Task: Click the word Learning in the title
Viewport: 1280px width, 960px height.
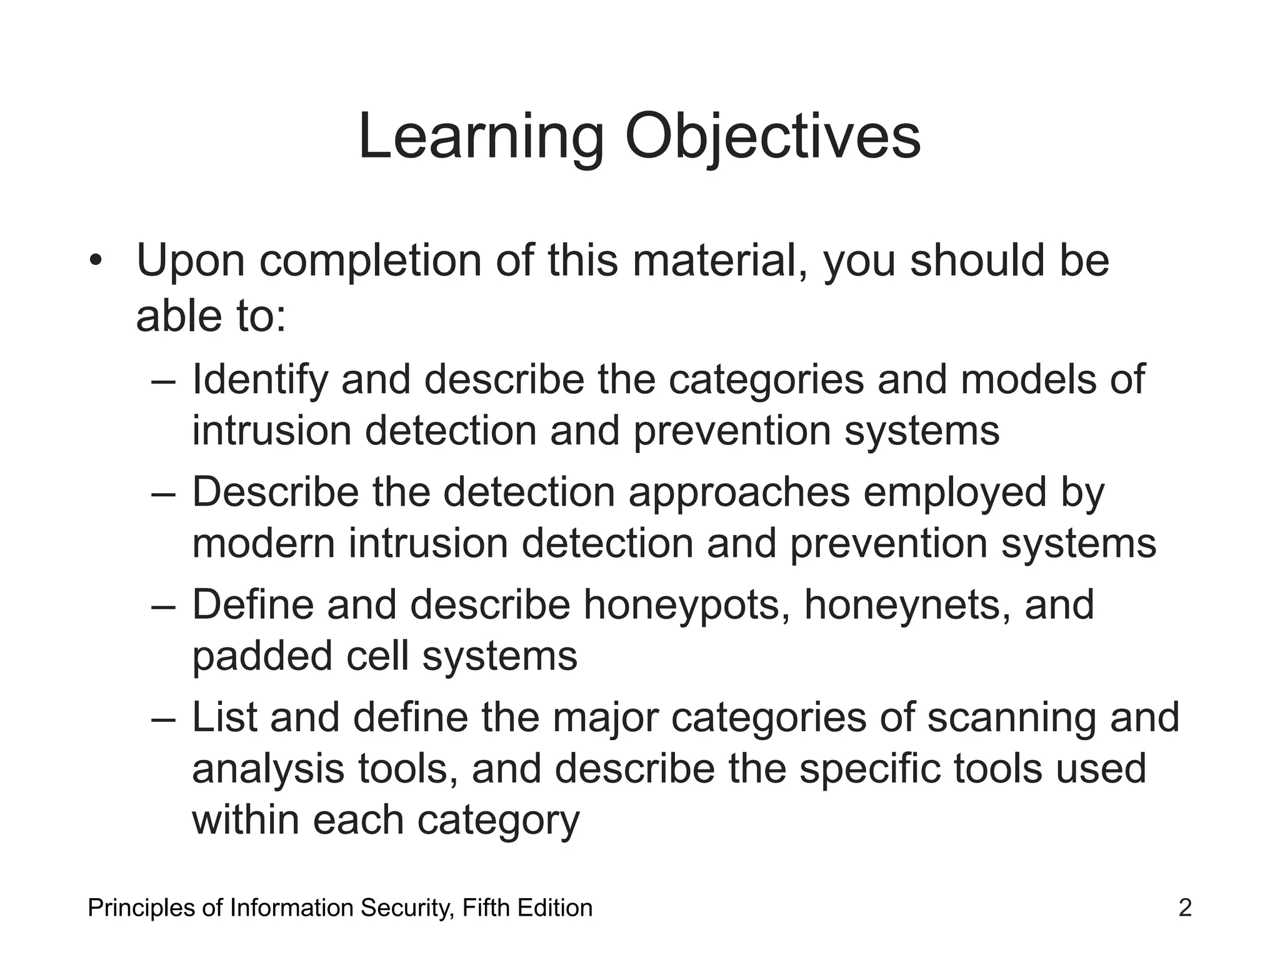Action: click(481, 137)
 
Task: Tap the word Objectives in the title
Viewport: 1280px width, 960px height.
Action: click(772, 137)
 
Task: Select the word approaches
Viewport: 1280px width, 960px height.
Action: click(739, 493)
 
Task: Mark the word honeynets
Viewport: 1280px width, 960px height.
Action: click(907, 606)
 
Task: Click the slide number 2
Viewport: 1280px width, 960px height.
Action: click(1185, 907)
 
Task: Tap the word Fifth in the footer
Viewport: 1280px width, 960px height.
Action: click(486, 907)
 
